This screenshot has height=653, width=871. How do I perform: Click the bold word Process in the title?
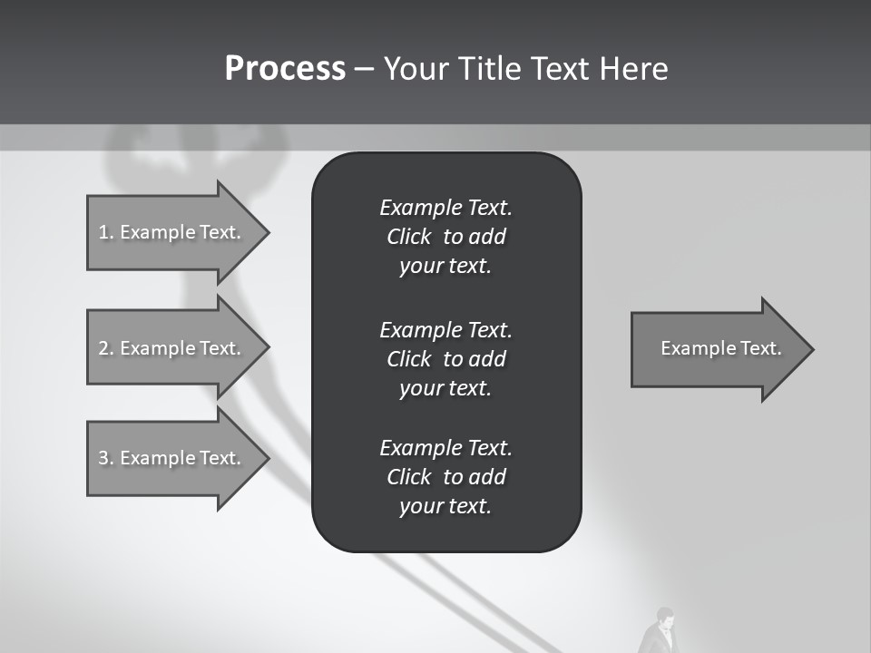pyautogui.click(x=285, y=69)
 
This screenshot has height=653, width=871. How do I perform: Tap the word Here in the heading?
pyautogui.click(x=633, y=69)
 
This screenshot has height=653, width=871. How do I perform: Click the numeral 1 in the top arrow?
pyautogui.click(x=103, y=232)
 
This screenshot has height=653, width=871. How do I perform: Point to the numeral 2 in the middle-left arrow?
pyautogui.click(x=103, y=348)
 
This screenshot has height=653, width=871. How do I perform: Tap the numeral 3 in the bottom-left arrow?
pyautogui.click(x=103, y=458)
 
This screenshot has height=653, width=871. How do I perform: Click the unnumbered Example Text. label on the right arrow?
pyautogui.click(x=720, y=348)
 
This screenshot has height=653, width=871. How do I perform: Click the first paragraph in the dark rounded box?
pyautogui.click(x=445, y=237)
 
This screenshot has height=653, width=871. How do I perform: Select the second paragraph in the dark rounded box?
pyautogui.click(x=445, y=358)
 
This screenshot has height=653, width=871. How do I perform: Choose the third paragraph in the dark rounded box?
pyautogui.click(x=445, y=477)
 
